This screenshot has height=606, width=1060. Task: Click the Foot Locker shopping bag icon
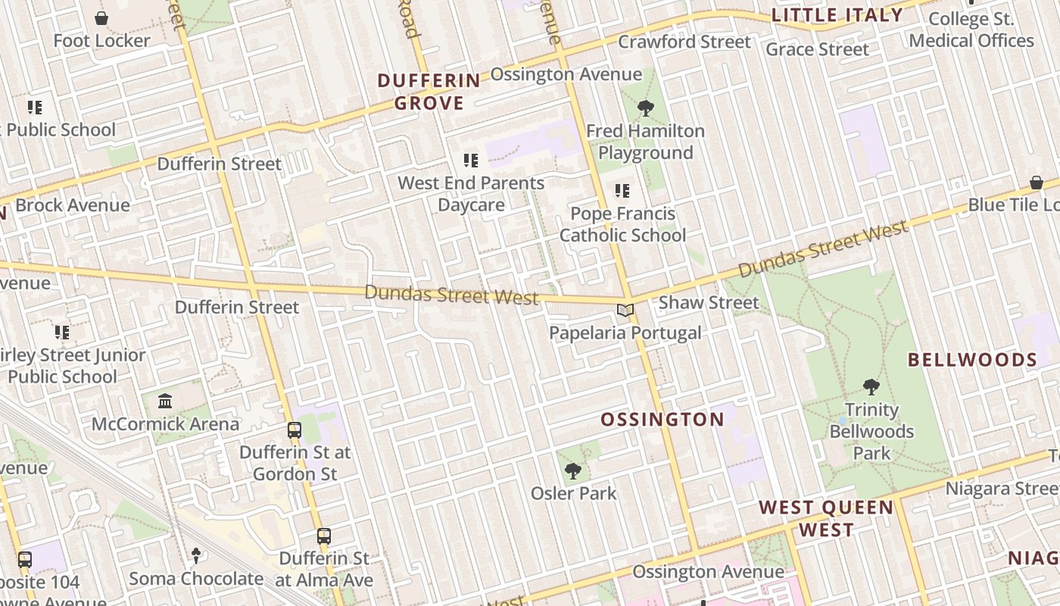tap(101, 17)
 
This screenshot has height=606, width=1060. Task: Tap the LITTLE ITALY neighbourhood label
tap(837, 15)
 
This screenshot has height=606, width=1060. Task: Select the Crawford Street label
tap(684, 42)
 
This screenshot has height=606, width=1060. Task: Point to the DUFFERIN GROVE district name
tap(429, 92)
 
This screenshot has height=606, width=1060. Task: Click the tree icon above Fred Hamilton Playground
tap(646, 108)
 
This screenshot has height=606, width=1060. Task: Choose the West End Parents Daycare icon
tap(471, 161)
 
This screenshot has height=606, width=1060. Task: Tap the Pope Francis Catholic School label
tap(622, 224)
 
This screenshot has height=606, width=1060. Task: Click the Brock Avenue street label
tap(73, 205)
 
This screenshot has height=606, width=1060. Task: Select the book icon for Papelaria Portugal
tap(625, 311)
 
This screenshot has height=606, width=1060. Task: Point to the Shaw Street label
tap(708, 303)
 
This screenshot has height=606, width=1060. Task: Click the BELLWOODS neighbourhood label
tap(972, 360)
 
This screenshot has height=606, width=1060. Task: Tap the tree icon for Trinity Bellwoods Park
tap(871, 387)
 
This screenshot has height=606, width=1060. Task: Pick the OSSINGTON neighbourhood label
tap(662, 420)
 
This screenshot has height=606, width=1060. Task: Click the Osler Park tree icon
tap(573, 471)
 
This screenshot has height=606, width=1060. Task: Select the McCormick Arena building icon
tap(165, 401)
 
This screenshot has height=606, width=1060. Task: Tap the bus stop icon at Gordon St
tap(295, 430)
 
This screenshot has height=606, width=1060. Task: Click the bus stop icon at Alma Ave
tap(324, 536)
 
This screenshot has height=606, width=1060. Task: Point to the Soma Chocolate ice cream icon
tap(196, 556)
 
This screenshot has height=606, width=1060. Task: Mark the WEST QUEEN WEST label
tap(826, 518)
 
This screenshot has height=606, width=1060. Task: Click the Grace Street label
tap(817, 50)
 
